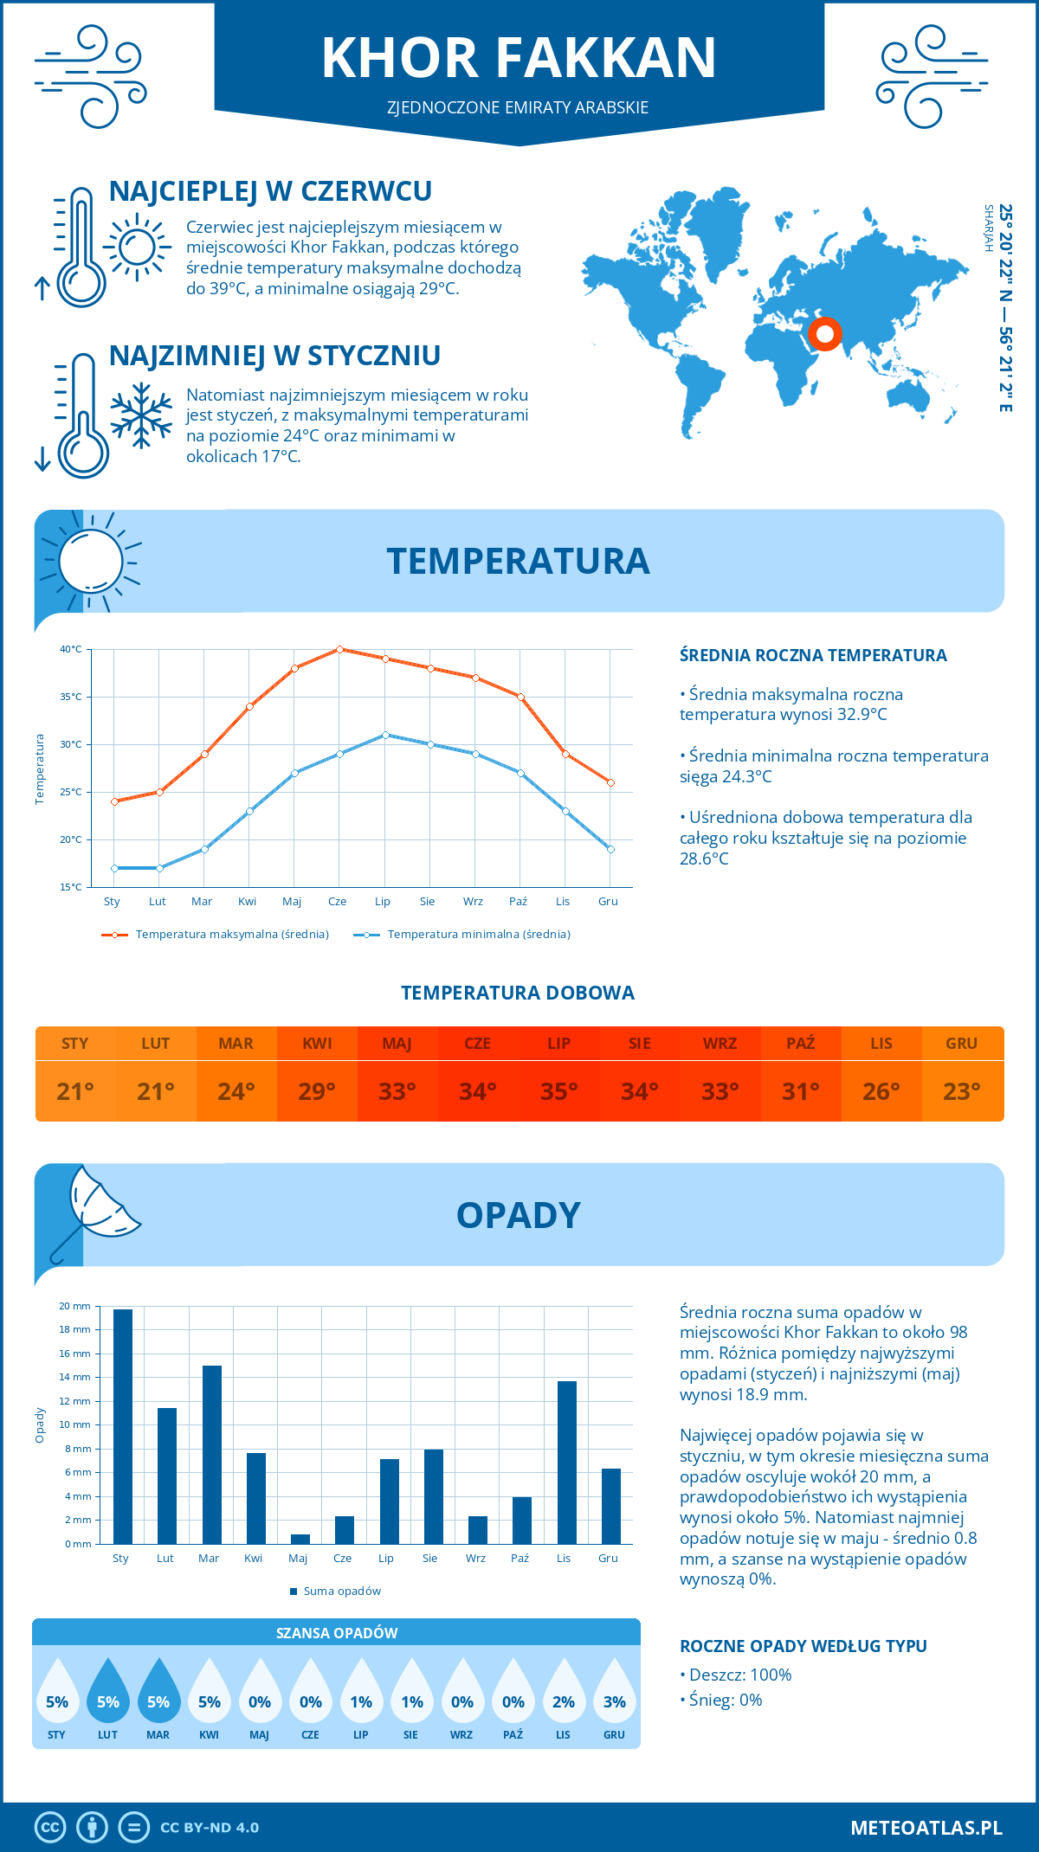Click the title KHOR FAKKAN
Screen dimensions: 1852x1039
click(519, 58)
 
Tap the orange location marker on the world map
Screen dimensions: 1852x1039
click(824, 333)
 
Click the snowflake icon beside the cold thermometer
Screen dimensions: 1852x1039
click(141, 415)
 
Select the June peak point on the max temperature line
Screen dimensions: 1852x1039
click(339, 649)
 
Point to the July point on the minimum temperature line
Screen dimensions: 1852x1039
click(385, 735)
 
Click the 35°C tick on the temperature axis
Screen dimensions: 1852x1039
click(71, 697)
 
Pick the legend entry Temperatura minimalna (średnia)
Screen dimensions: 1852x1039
click(478, 935)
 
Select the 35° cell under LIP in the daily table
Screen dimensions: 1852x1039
click(558, 1091)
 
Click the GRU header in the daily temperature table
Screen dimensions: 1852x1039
click(961, 1044)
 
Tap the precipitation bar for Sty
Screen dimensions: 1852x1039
click(123, 1426)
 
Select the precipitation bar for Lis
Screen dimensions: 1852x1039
click(566, 1463)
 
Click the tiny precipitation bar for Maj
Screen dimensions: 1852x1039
click(300, 1539)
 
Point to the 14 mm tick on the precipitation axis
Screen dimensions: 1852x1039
click(75, 1377)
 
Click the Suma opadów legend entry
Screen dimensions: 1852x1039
click(341, 1592)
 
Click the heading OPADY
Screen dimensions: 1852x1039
click(518, 1215)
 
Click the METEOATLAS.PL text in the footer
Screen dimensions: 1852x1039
click(926, 1828)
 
